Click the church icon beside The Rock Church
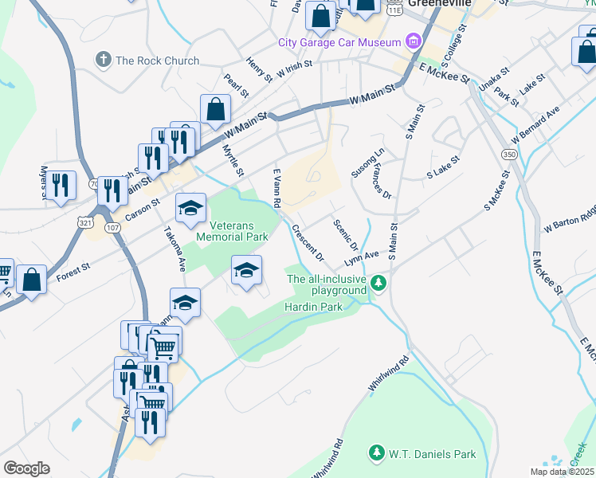coord(103,60)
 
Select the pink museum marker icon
coord(413,41)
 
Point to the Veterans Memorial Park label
coord(232,231)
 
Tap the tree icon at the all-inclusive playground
coord(381,283)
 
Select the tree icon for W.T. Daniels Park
coord(376,454)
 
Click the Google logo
coord(26,468)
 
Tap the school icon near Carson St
coord(190,209)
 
